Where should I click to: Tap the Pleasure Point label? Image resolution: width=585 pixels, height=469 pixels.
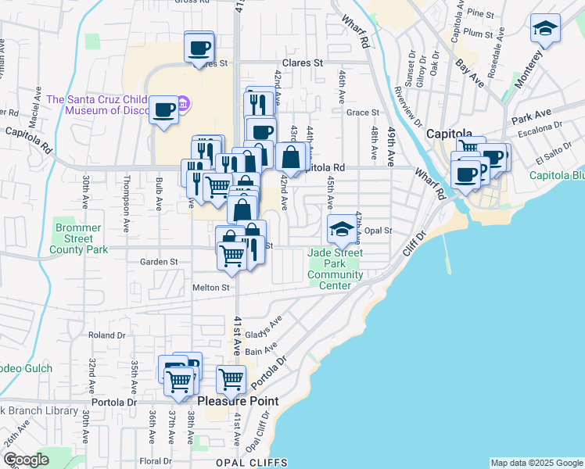(x=238, y=401)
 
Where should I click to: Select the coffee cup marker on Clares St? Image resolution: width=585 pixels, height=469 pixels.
(x=199, y=47)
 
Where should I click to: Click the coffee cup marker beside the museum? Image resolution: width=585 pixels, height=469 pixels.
(x=164, y=110)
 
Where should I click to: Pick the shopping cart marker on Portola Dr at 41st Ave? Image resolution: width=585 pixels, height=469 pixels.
(x=231, y=379)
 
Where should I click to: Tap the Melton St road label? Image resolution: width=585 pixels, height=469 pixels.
(x=211, y=288)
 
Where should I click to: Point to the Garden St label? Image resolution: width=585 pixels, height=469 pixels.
(x=159, y=262)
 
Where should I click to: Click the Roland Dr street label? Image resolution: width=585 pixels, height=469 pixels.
(x=102, y=335)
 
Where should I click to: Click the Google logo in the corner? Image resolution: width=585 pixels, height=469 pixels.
(x=26, y=460)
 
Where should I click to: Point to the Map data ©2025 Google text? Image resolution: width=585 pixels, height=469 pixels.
(x=536, y=463)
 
